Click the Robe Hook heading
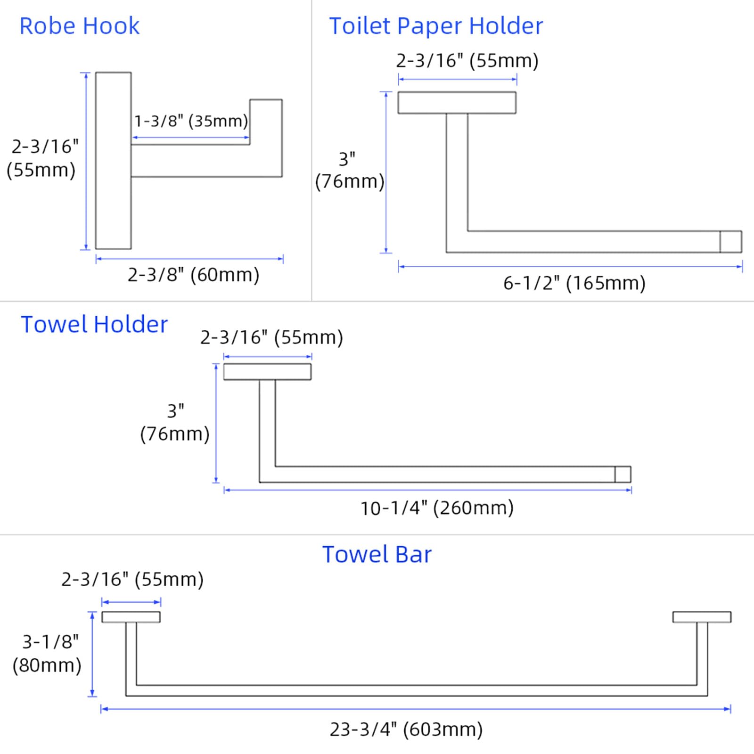[79, 26]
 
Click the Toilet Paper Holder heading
[436, 26]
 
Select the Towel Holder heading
[94, 325]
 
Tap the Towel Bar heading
[377, 555]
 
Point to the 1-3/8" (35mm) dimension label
[191, 121]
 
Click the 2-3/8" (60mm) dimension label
[193, 275]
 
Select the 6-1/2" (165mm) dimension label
[574, 283]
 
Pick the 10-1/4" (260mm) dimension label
[437, 508]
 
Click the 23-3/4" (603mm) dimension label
[406, 729]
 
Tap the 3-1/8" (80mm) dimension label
[48, 653]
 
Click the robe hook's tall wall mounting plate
[113, 160]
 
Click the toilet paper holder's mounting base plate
[457, 103]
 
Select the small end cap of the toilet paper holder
[730, 242]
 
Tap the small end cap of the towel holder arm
[623, 474]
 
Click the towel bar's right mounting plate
[702, 617]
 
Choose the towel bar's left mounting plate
[131, 617]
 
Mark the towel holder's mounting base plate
[267, 372]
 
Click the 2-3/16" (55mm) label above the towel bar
[132, 580]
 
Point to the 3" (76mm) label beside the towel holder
[175, 423]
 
